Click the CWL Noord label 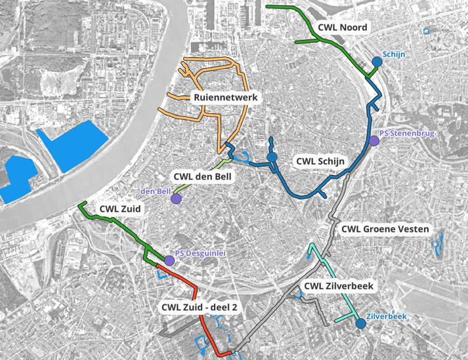(342, 28)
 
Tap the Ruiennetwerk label (226, 98)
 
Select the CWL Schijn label (320, 160)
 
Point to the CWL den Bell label (202, 176)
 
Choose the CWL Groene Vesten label (385, 230)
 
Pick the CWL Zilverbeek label (339, 287)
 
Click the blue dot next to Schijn (377, 62)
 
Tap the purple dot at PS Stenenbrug (373, 140)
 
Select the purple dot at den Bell (176, 199)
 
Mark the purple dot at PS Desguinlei (169, 261)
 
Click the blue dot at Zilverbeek (360, 323)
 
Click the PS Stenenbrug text (407, 134)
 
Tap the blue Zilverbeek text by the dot (387, 316)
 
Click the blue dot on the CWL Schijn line (271, 158)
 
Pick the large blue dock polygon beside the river (72, 146)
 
